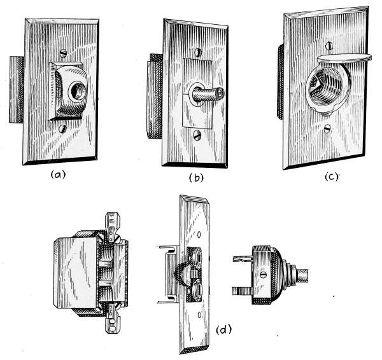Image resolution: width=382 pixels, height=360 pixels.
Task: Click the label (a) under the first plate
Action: [58, 174]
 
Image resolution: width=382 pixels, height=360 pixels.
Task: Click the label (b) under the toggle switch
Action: [196, 178]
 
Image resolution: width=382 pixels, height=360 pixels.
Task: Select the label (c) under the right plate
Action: [332, 177]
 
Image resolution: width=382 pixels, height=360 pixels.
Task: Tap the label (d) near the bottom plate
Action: [224, 330]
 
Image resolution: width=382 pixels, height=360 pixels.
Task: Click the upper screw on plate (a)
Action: [63, 52]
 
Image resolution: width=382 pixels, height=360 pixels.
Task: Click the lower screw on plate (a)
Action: [62, 128]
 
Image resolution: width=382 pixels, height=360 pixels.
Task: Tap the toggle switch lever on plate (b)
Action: [208, 95]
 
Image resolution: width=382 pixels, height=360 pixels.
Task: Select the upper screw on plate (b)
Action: [198, 52]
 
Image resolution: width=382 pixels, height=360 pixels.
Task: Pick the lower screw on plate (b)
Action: [197, 135]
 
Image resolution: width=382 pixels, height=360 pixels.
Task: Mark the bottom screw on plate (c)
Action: [327, 128]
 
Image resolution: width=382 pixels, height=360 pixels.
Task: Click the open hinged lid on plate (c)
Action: [344, 58]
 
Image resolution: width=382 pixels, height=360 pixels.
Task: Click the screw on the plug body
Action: [262, 275]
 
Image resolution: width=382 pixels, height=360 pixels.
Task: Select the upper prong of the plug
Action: [243, 259]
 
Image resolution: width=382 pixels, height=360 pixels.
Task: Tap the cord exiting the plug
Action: [302, 276]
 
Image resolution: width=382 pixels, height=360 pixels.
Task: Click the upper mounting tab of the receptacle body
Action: [111, 227]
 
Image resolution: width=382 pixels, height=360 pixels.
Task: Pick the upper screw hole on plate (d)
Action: [199, 235]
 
